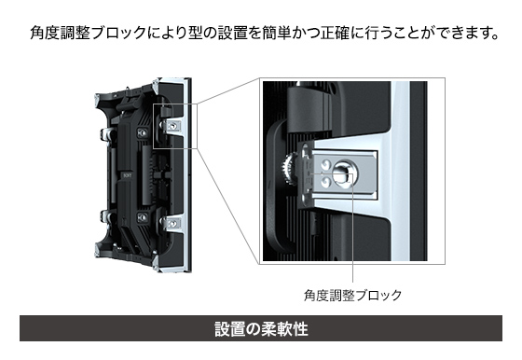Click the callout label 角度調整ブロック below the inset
point(353,296)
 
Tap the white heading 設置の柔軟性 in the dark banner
point(261,328)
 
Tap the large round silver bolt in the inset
point(343,173)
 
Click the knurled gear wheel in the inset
point(289,169)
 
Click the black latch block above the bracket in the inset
point(309,107)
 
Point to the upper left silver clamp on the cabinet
point(105,134)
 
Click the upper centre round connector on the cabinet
point(143,132)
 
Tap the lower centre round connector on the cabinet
point(143,218)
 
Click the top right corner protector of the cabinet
point(156,86)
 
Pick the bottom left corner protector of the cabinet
point(97,249)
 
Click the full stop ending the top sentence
point(494,37)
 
